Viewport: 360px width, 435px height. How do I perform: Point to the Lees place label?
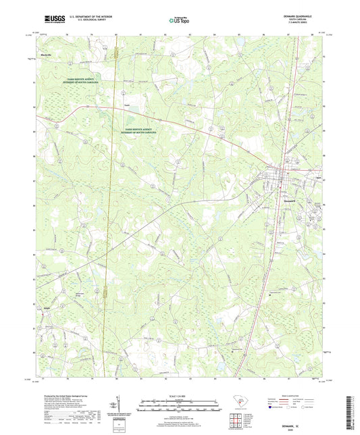pyautogui.click(x=126, y=105)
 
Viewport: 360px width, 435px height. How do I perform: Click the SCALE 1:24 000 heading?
pyautogui.click(x=180, y=395)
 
